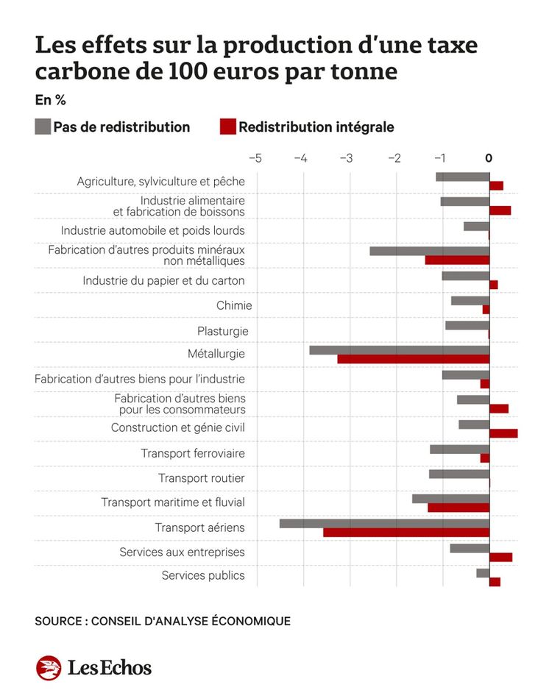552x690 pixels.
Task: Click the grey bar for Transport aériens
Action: pos(384,523)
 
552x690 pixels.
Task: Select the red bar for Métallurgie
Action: pos(414,359)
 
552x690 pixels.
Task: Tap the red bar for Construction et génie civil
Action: pos(503,433)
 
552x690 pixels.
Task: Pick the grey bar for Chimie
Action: pos(470,301)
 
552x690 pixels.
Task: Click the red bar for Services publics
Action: pos(495,582)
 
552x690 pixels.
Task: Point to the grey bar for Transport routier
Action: pos(459,474)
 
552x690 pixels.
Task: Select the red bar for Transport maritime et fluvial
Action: pos(459,508)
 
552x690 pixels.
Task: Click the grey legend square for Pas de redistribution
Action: pos(43,127)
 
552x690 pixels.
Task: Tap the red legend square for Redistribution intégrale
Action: pos(228,127)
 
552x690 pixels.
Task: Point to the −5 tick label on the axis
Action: pos(255,158)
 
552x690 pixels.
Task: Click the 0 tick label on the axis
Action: pos(489,158)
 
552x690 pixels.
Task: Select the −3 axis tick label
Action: pos(347,158)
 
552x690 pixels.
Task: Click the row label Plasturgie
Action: pos(223,331)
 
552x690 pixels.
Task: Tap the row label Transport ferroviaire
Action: pos(193,453)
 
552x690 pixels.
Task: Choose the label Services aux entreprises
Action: pos(183,552)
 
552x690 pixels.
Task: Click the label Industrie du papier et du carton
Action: pos(163,281)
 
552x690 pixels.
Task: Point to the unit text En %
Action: pos(50,100)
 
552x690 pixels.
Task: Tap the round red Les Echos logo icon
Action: pos(49,667)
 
